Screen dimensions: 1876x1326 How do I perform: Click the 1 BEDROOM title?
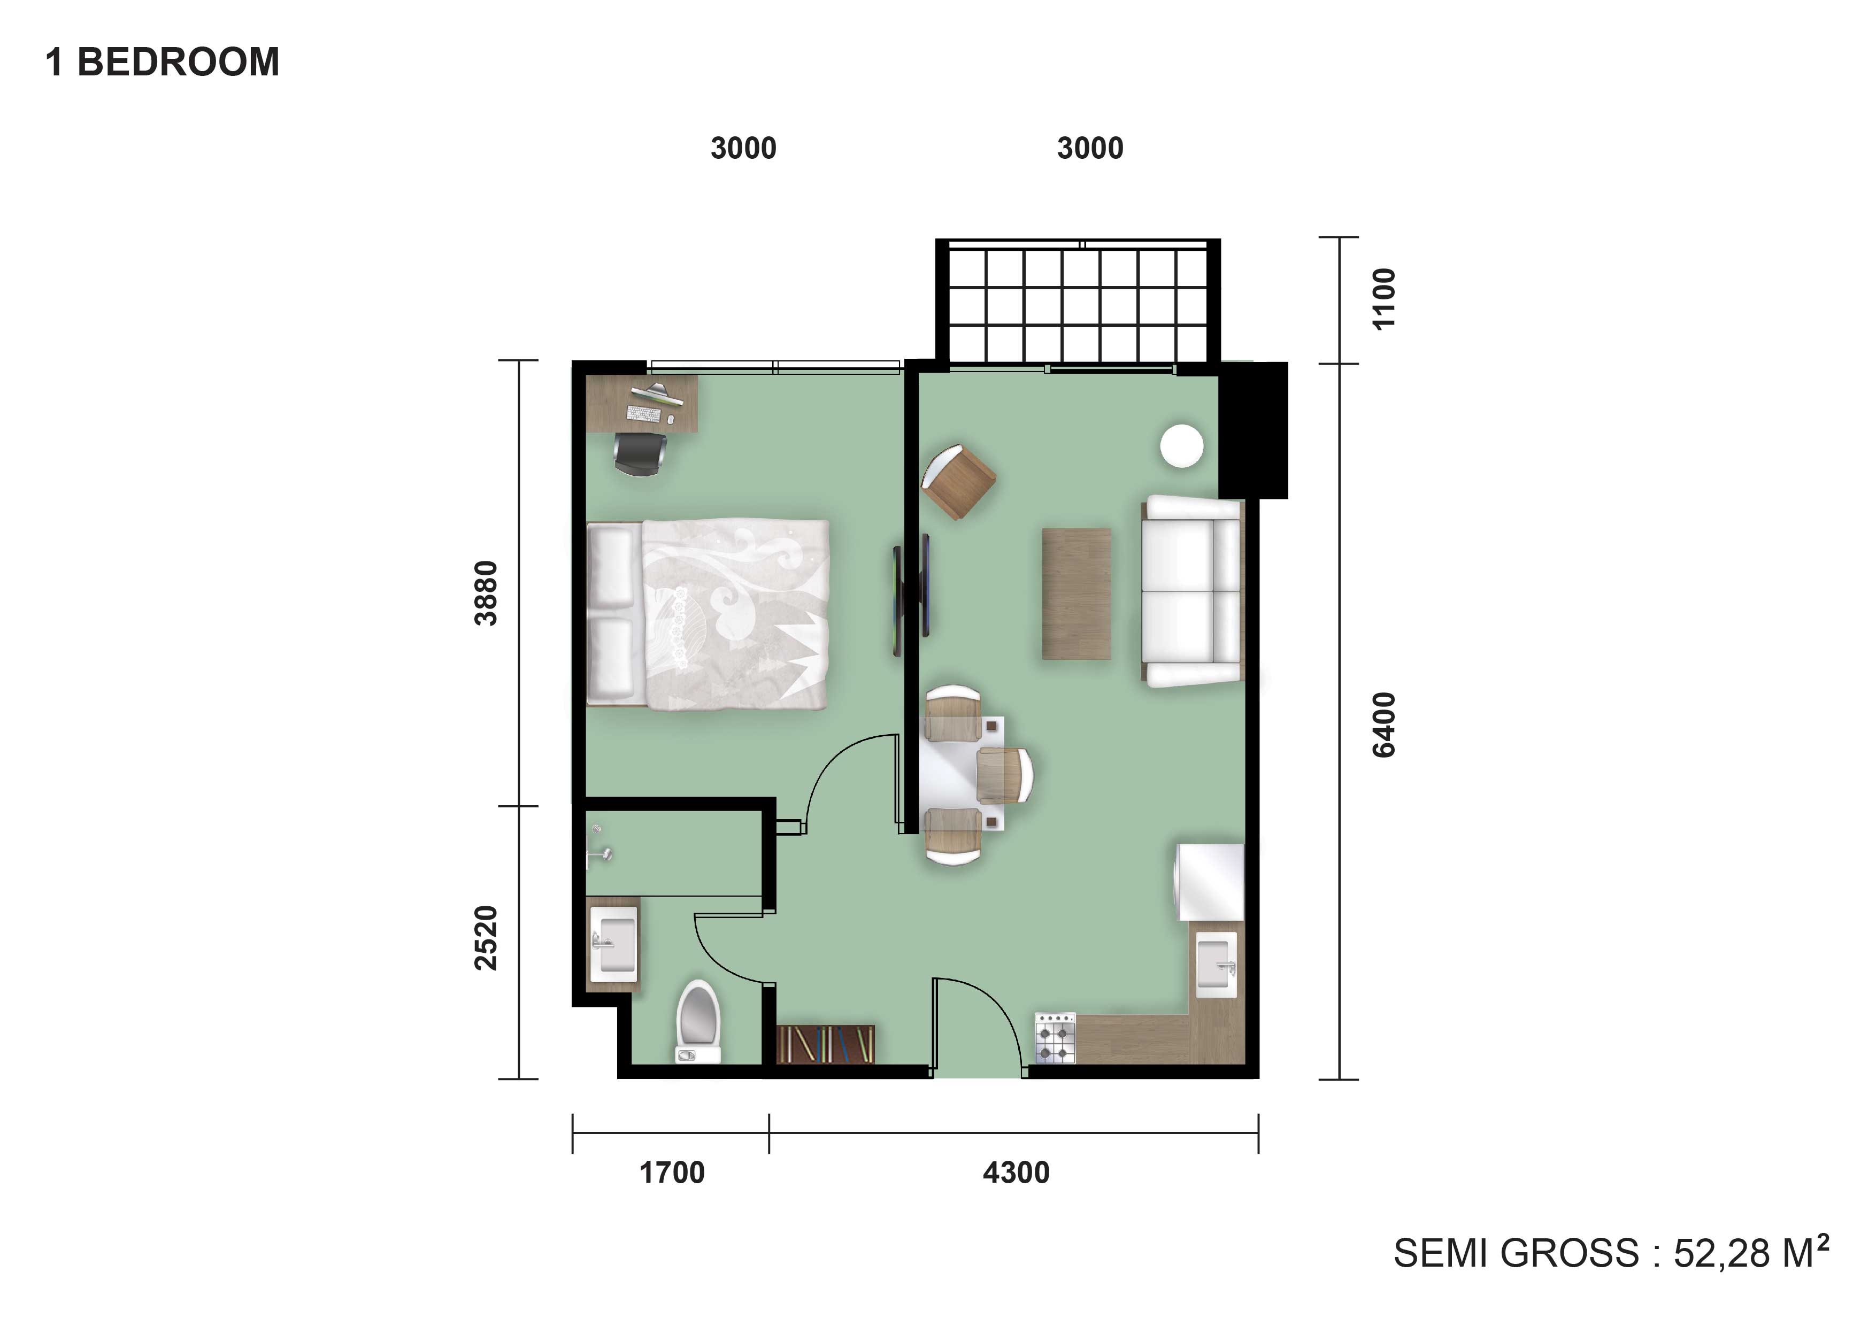pyautogui.click(x=162, y=62)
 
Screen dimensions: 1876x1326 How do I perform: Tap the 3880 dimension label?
pyautogui.click(x=486, y=593)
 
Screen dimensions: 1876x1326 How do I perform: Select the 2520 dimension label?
pyautogui.click(x=486, y=938)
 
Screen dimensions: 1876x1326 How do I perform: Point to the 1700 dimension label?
pyautogui.click(x=672, y=1173)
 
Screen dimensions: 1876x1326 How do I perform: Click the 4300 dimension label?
pyautogui.click(x=1016, y=1173)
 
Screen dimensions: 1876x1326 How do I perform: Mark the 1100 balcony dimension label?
pyautogui.click(x=1384, y=298)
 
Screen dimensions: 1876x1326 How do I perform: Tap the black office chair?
pyautogui.click(x=640, y=453)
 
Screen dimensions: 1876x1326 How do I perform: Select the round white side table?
pyautogui.click(x=1181, y=446)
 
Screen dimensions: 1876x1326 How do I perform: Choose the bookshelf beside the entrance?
pyautogui.click(x=825, y=1044)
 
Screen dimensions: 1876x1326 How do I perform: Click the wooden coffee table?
pyautogui.click(x=1076, y=593)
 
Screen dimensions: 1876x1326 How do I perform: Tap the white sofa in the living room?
pyautogui.click(x=1192, y=591)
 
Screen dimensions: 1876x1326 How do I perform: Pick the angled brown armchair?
pyautogui.click(x=958, y=481)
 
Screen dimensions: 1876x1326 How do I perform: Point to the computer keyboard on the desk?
pyautogui.click(x=642, y=413)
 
